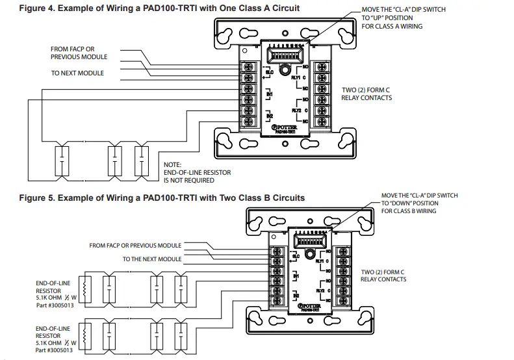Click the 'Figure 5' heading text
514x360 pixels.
coord(153,198)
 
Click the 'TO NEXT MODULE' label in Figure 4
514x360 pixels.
coord(77,73)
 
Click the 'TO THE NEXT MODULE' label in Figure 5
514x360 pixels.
coord(152,259)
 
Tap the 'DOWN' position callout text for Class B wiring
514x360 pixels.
coord(419,203)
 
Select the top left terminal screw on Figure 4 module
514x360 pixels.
coord(248,66)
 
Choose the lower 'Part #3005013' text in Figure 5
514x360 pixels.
coord(55,350)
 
